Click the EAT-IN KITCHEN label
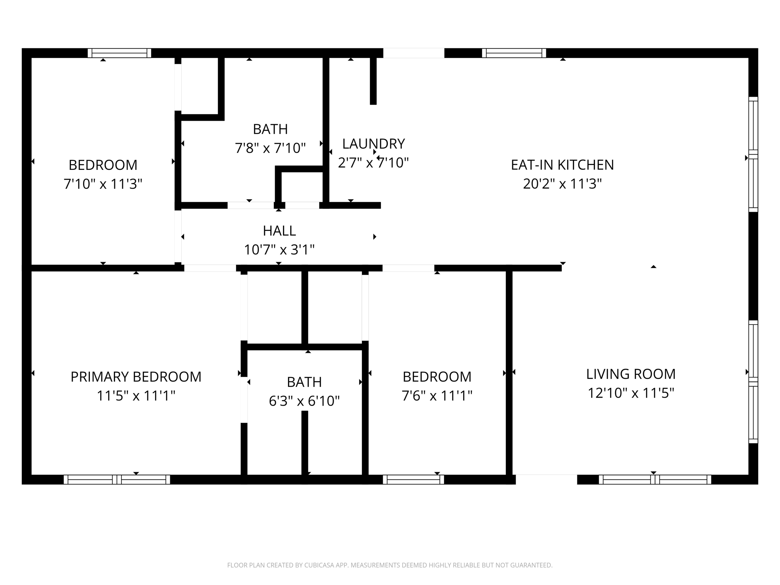562,165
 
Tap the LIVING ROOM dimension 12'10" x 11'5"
631,393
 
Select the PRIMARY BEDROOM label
136,377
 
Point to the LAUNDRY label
373,144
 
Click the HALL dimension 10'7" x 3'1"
279,250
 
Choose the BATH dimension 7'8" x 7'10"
270,148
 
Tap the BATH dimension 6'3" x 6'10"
304,401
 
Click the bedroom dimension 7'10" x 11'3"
103,184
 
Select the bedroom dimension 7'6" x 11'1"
437,396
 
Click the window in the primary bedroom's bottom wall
117,480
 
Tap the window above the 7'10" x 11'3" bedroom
119,53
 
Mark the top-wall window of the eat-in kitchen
514,53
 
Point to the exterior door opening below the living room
546,480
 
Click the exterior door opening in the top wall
414,53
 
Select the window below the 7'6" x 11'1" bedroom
413,480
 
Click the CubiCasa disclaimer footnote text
390,565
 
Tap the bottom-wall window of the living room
655,480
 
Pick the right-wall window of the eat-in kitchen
753,154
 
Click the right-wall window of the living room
753,382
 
